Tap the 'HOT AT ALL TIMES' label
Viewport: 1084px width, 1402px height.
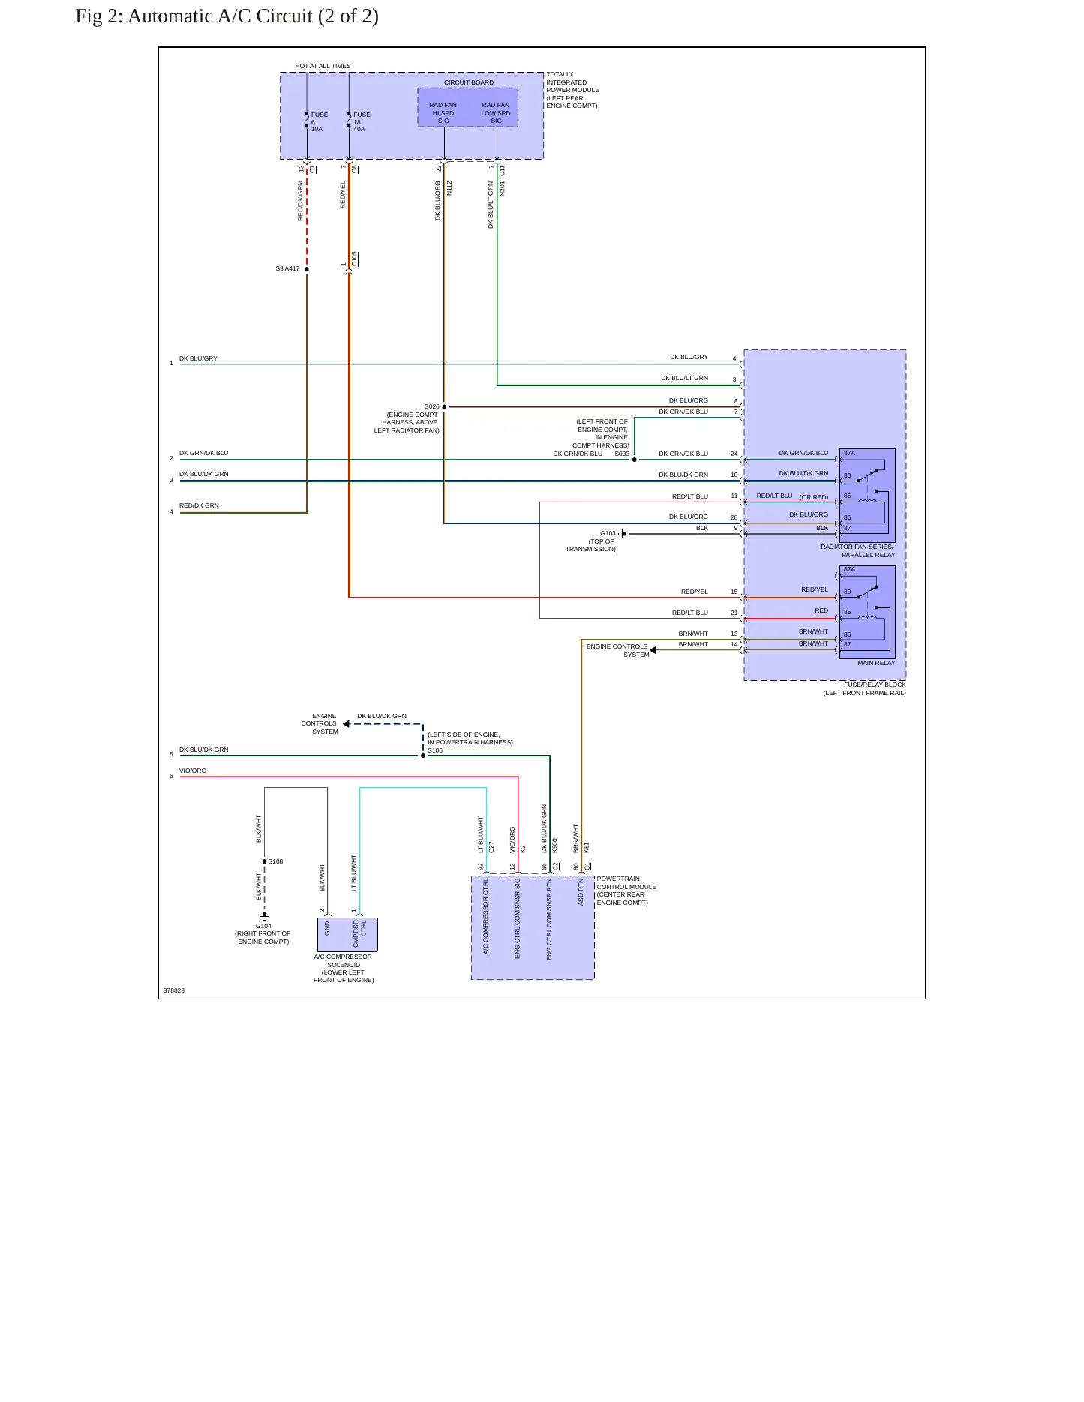point(323,66)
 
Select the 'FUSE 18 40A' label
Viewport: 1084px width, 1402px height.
point(362,122)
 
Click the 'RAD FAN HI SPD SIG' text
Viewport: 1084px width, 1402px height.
point(443,113)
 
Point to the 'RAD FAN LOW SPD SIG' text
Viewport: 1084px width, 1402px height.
point(496,113)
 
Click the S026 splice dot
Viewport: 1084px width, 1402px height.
point(444,407)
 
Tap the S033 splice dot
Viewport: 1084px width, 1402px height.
point(635,460)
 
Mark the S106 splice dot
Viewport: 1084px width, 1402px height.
point(423,756)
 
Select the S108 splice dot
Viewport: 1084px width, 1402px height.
point(265,861)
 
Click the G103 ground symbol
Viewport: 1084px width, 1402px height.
point(623,534)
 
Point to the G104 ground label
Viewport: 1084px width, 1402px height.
point(263,926)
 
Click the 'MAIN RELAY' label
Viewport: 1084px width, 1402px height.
point(876,663)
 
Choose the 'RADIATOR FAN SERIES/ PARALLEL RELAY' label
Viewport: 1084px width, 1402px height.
point(857,551)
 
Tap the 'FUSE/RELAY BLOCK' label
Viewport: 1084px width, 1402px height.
point(875,685)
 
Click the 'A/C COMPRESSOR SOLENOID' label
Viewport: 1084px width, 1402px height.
point(344,960)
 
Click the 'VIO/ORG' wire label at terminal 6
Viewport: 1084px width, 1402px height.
point(193,771)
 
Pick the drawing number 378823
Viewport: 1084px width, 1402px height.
point(174,990)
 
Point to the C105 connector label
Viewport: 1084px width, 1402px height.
point(355,259)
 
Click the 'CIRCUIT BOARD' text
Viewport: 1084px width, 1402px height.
point(469,82)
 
